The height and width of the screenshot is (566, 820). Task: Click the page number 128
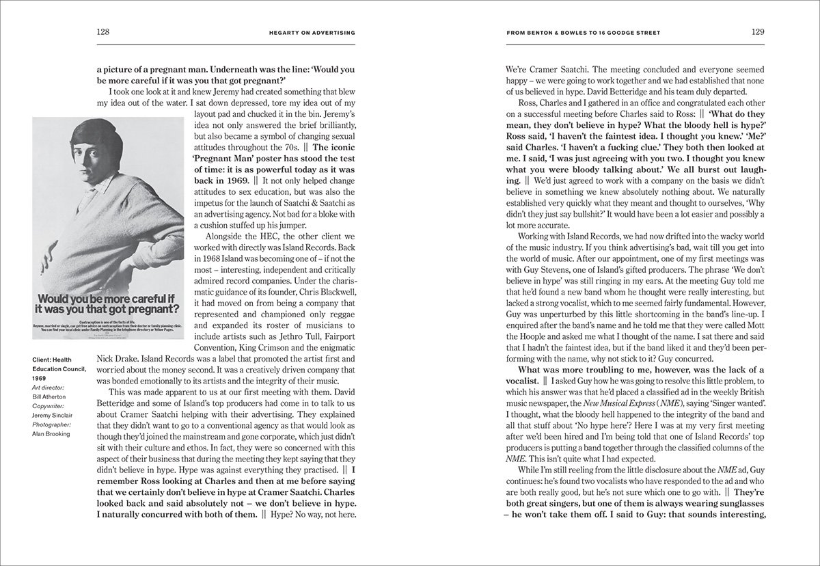(x=104, y=31)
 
